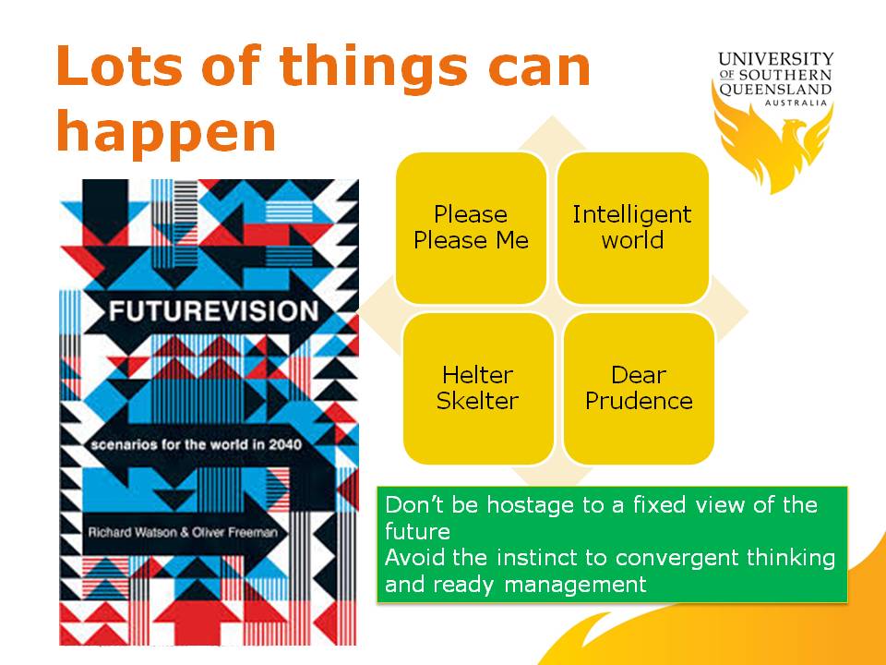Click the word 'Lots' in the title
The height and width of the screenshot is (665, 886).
pyautogui.click(x=119, y=66)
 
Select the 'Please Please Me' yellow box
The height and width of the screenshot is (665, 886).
pyautogui.click(x=471, y=227)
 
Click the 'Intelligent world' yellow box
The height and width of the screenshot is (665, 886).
pyautogui.click(x=632, y=227)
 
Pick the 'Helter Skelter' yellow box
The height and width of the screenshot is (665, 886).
pyautogui.click(x=478, y=389)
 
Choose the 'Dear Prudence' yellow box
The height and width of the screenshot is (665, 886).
pyautogui.click(x=639, y=389)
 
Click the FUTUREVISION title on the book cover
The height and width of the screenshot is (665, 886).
pyautogui.click(x=213, y=311)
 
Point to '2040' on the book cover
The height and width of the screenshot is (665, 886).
pyautogui.click(x=285, y=444)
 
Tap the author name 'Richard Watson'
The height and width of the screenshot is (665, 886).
pyautogui.click(x=133, y=532)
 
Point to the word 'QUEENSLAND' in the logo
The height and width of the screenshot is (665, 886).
pyautogui.click(x=775, y=90)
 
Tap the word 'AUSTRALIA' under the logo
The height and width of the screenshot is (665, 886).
pyautogui.click(x=796, y=103)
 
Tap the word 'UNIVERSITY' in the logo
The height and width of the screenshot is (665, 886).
pyautogui.click(x=776, y=59)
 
